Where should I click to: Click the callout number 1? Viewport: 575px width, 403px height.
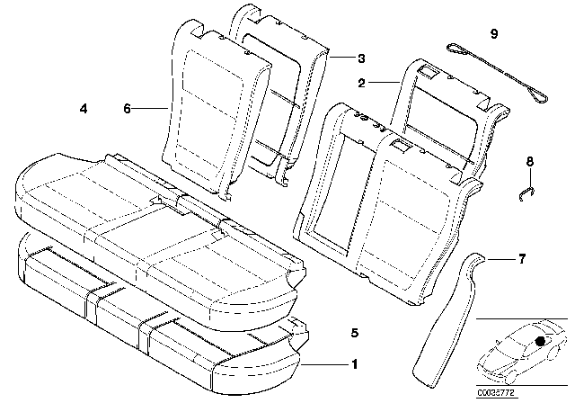[x=355, y=364]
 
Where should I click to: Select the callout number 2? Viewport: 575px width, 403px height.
[x=362, y=83]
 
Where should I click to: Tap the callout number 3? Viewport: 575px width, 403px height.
[x=361, y=58]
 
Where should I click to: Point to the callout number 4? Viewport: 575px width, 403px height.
[x=83, y=109]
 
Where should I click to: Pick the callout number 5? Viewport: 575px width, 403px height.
[x=355, y=334]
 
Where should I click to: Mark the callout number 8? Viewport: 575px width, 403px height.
[x=530, y=161]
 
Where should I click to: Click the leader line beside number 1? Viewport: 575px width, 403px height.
[x=324, y=364]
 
